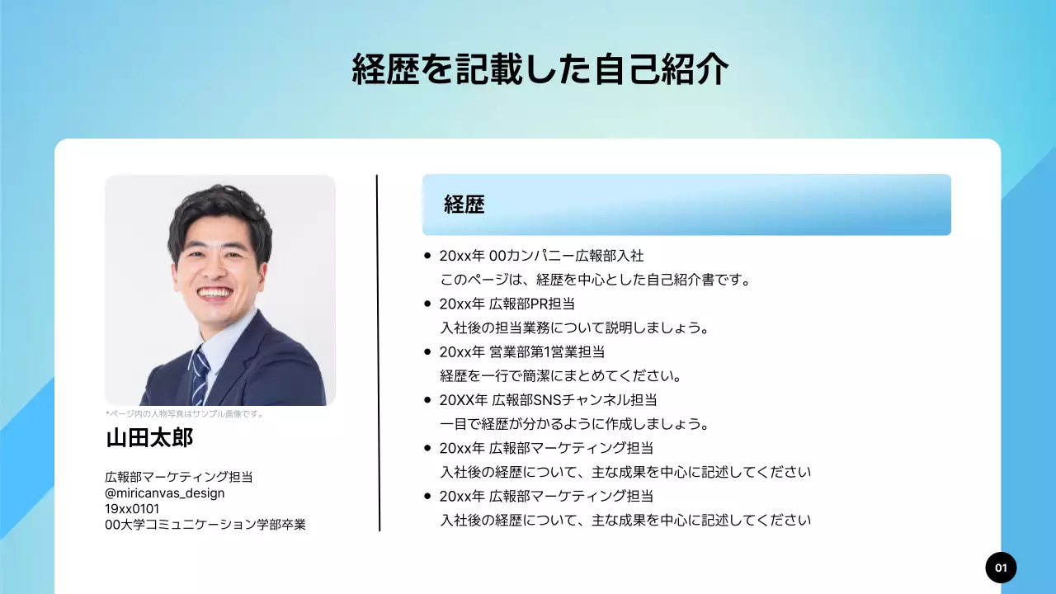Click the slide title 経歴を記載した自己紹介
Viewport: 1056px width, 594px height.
click(540, 70)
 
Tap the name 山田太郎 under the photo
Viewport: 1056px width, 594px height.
click(149, 437)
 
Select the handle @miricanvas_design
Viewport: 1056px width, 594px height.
click(165, 493)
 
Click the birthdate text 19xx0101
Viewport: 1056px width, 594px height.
click(132, 508)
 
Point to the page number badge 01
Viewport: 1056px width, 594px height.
click(1001, 568)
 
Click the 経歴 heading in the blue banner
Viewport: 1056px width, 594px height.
click(464, 205)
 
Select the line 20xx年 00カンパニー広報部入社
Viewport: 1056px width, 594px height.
click(541, 256)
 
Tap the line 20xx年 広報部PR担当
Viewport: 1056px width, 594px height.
click(507, 304)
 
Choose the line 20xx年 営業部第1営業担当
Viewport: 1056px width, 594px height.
click(522, 351)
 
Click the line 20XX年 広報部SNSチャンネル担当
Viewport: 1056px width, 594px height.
click(548, 400)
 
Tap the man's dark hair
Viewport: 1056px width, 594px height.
click(219, 206)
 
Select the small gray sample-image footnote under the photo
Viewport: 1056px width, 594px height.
click(184, 414)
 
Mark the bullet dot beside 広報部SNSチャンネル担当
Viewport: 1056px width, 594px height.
click(427, 400)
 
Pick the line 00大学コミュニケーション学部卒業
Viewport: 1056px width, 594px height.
click(205, 525)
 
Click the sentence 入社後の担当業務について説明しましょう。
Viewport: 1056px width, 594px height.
click(574, 328)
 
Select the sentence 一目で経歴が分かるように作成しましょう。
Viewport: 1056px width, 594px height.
click(574, 424)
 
